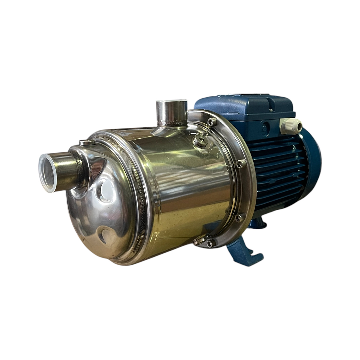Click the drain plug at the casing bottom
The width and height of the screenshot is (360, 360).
point(200,242)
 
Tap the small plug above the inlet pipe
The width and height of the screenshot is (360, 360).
point(87,143)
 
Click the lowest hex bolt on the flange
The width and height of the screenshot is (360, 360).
point(209,243)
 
